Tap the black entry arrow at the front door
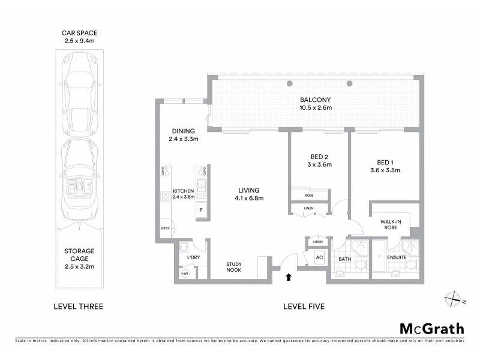(289, 277)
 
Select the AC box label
(319, 257)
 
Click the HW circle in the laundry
(185, 274)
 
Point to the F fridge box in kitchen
(200, 210)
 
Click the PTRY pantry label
(164, 229)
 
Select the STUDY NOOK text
(234, 268)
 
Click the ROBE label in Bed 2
(309, 195)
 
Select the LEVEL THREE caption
(79, 307)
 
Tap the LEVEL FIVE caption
(304, 307)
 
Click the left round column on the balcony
(290, 83)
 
